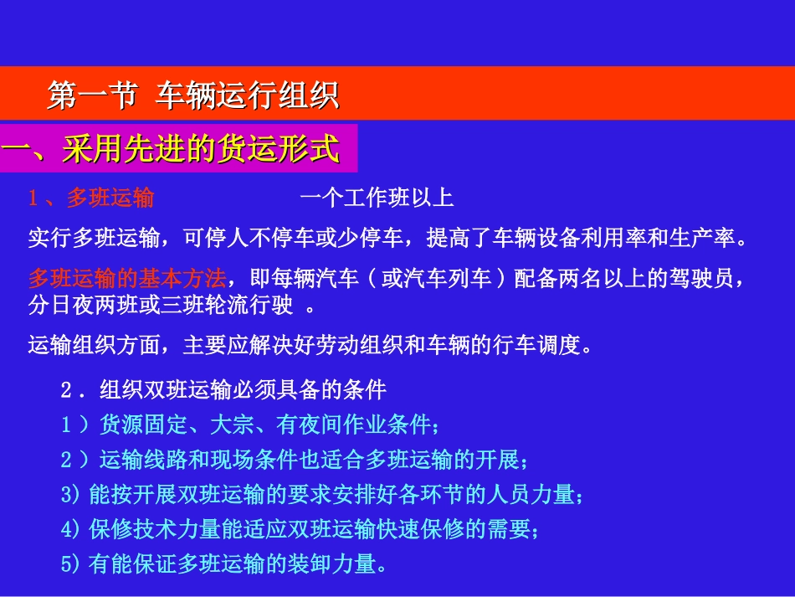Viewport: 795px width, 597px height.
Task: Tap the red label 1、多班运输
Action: pyautogui.click(x=91, y=198)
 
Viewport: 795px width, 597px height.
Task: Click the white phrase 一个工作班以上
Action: pyautogui.click(x=376, y=198)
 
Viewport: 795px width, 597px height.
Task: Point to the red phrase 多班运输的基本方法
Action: pyautogui.click(x=126, y=278)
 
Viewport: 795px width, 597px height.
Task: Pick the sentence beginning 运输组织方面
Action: pyautogui.click(x=310, y=345)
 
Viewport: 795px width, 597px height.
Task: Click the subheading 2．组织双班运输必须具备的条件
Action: pyautogui.click(x=223, y=390)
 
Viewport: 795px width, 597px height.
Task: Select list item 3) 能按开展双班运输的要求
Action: pyautogui.click(x=323, y=495)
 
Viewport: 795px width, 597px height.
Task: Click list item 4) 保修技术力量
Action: pyautogui.click(x=302, y=529)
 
